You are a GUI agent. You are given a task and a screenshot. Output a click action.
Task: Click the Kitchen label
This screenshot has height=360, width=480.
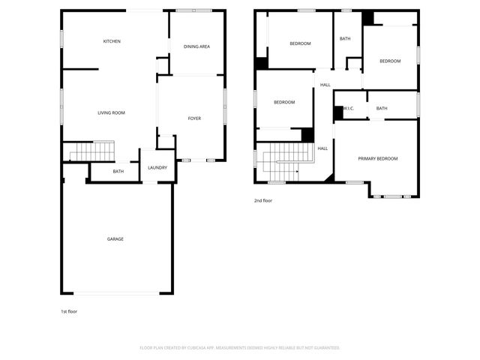click(112, 41)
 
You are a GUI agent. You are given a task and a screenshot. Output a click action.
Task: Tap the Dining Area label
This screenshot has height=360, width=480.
click(196, 46)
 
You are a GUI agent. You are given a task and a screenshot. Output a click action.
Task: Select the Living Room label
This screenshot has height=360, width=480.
click(111, 112)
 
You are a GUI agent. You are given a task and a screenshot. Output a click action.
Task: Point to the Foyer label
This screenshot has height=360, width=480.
click(194, 118)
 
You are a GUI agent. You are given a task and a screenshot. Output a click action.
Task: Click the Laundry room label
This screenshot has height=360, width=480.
click(157, 167)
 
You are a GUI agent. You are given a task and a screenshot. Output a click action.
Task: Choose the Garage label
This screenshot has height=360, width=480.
click(115, 238)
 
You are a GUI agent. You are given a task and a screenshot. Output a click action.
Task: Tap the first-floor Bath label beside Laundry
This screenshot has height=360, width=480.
click(118, 172)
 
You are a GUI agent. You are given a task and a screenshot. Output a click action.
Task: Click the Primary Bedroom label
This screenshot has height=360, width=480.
click(377, 158)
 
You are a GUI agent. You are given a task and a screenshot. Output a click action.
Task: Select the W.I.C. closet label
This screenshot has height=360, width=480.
click(348, 109)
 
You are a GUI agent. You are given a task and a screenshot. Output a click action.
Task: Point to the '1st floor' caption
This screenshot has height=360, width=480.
click(68, 311)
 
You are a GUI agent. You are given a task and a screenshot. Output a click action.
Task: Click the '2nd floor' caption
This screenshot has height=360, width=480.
click(262, 200)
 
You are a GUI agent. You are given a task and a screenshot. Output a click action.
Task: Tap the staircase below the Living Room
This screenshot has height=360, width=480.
click(91, 151)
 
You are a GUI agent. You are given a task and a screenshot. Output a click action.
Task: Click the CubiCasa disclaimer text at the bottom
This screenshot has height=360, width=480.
click(240, 347)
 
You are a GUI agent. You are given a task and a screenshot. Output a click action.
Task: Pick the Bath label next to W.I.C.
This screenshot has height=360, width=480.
click(382, 109)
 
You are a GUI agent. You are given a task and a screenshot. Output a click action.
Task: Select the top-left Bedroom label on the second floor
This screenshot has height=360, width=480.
click(300, 43)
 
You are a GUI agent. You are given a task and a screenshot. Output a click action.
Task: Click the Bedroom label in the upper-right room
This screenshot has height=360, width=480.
click(389, 61)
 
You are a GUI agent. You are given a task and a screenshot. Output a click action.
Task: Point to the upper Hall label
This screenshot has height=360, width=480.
click(325, 85)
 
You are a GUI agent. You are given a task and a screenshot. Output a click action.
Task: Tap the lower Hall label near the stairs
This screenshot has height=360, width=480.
click(322, 148)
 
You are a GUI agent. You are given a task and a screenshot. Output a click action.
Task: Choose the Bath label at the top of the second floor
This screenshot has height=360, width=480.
click(345, 38)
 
